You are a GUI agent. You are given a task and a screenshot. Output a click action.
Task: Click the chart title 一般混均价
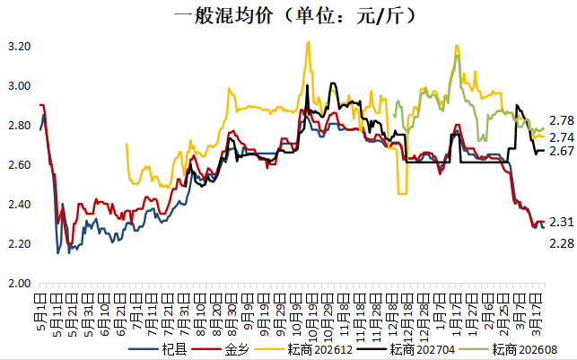tap(289, 16)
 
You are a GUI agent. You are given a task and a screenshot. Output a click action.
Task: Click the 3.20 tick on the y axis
tap(19, 47)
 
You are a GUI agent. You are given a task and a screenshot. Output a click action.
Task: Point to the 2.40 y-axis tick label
tap(19, 205)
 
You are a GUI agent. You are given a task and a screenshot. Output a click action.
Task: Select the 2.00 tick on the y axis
tap(19, 284)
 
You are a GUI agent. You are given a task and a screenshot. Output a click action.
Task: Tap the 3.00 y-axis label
tap(19, 86)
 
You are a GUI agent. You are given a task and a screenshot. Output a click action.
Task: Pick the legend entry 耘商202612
tap(312, 350)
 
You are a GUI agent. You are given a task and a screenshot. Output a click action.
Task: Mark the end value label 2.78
tap(561, 120)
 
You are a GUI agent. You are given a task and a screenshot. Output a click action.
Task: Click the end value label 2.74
tap(561, 136)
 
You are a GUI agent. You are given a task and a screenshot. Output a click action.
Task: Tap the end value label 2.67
tap(561, 152)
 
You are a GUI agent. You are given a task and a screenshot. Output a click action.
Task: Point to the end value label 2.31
tap(561, 222)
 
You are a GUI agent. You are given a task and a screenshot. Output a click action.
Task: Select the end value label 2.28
tap(561, 242)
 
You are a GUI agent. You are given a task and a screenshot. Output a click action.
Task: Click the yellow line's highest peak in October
tap(308, 41)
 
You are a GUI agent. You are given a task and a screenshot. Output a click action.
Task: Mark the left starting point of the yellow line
tap(126, 144)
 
